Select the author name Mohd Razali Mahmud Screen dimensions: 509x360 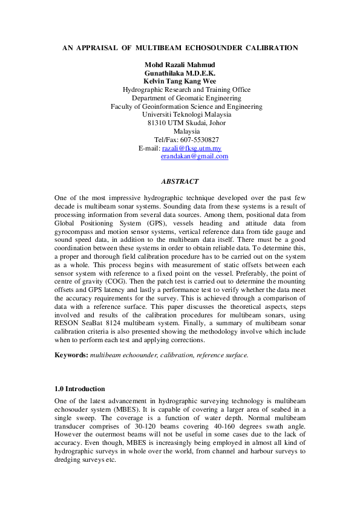point(180,65)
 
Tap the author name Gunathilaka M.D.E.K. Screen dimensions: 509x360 point(180,73)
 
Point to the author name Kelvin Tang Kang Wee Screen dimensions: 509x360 point(180,81)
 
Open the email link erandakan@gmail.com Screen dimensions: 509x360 point(194,156)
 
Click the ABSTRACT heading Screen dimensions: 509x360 point(180,181)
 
